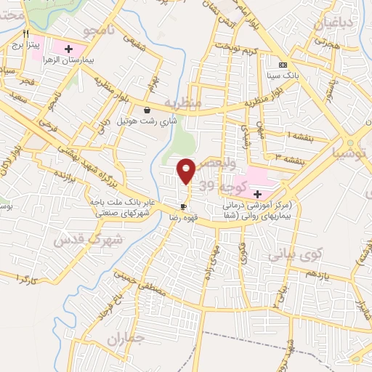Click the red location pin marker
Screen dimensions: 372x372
tap(187, 170)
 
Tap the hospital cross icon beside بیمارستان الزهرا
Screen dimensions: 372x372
tap(69, 49)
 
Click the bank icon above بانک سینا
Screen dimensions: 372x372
tap(283, 64)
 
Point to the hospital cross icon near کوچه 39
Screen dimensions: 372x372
tap(257, 193)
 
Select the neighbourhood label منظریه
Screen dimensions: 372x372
tap(182, 102)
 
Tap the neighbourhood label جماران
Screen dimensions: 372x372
tap(122, 339)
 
